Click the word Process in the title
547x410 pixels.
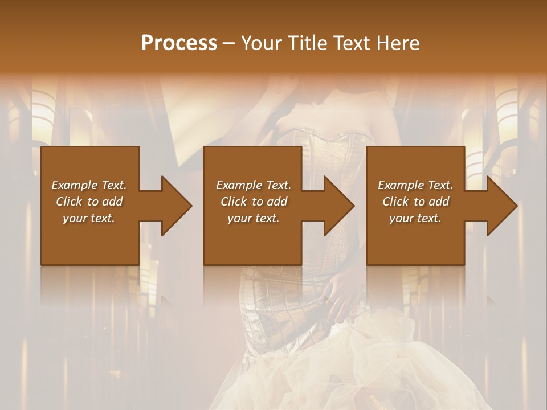(179, 43)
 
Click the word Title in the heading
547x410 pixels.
(309, 43)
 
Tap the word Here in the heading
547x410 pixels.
(398, 43)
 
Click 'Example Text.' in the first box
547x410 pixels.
(89, 185)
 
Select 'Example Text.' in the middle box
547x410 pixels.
(253, 185)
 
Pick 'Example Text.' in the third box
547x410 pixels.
(415, 185)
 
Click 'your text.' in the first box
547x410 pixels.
(89, 218)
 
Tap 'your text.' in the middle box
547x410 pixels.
(253, 218)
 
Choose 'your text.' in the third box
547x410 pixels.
(415, 218)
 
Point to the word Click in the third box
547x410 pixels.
(396, 202)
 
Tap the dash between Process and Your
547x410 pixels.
(229, 44)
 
